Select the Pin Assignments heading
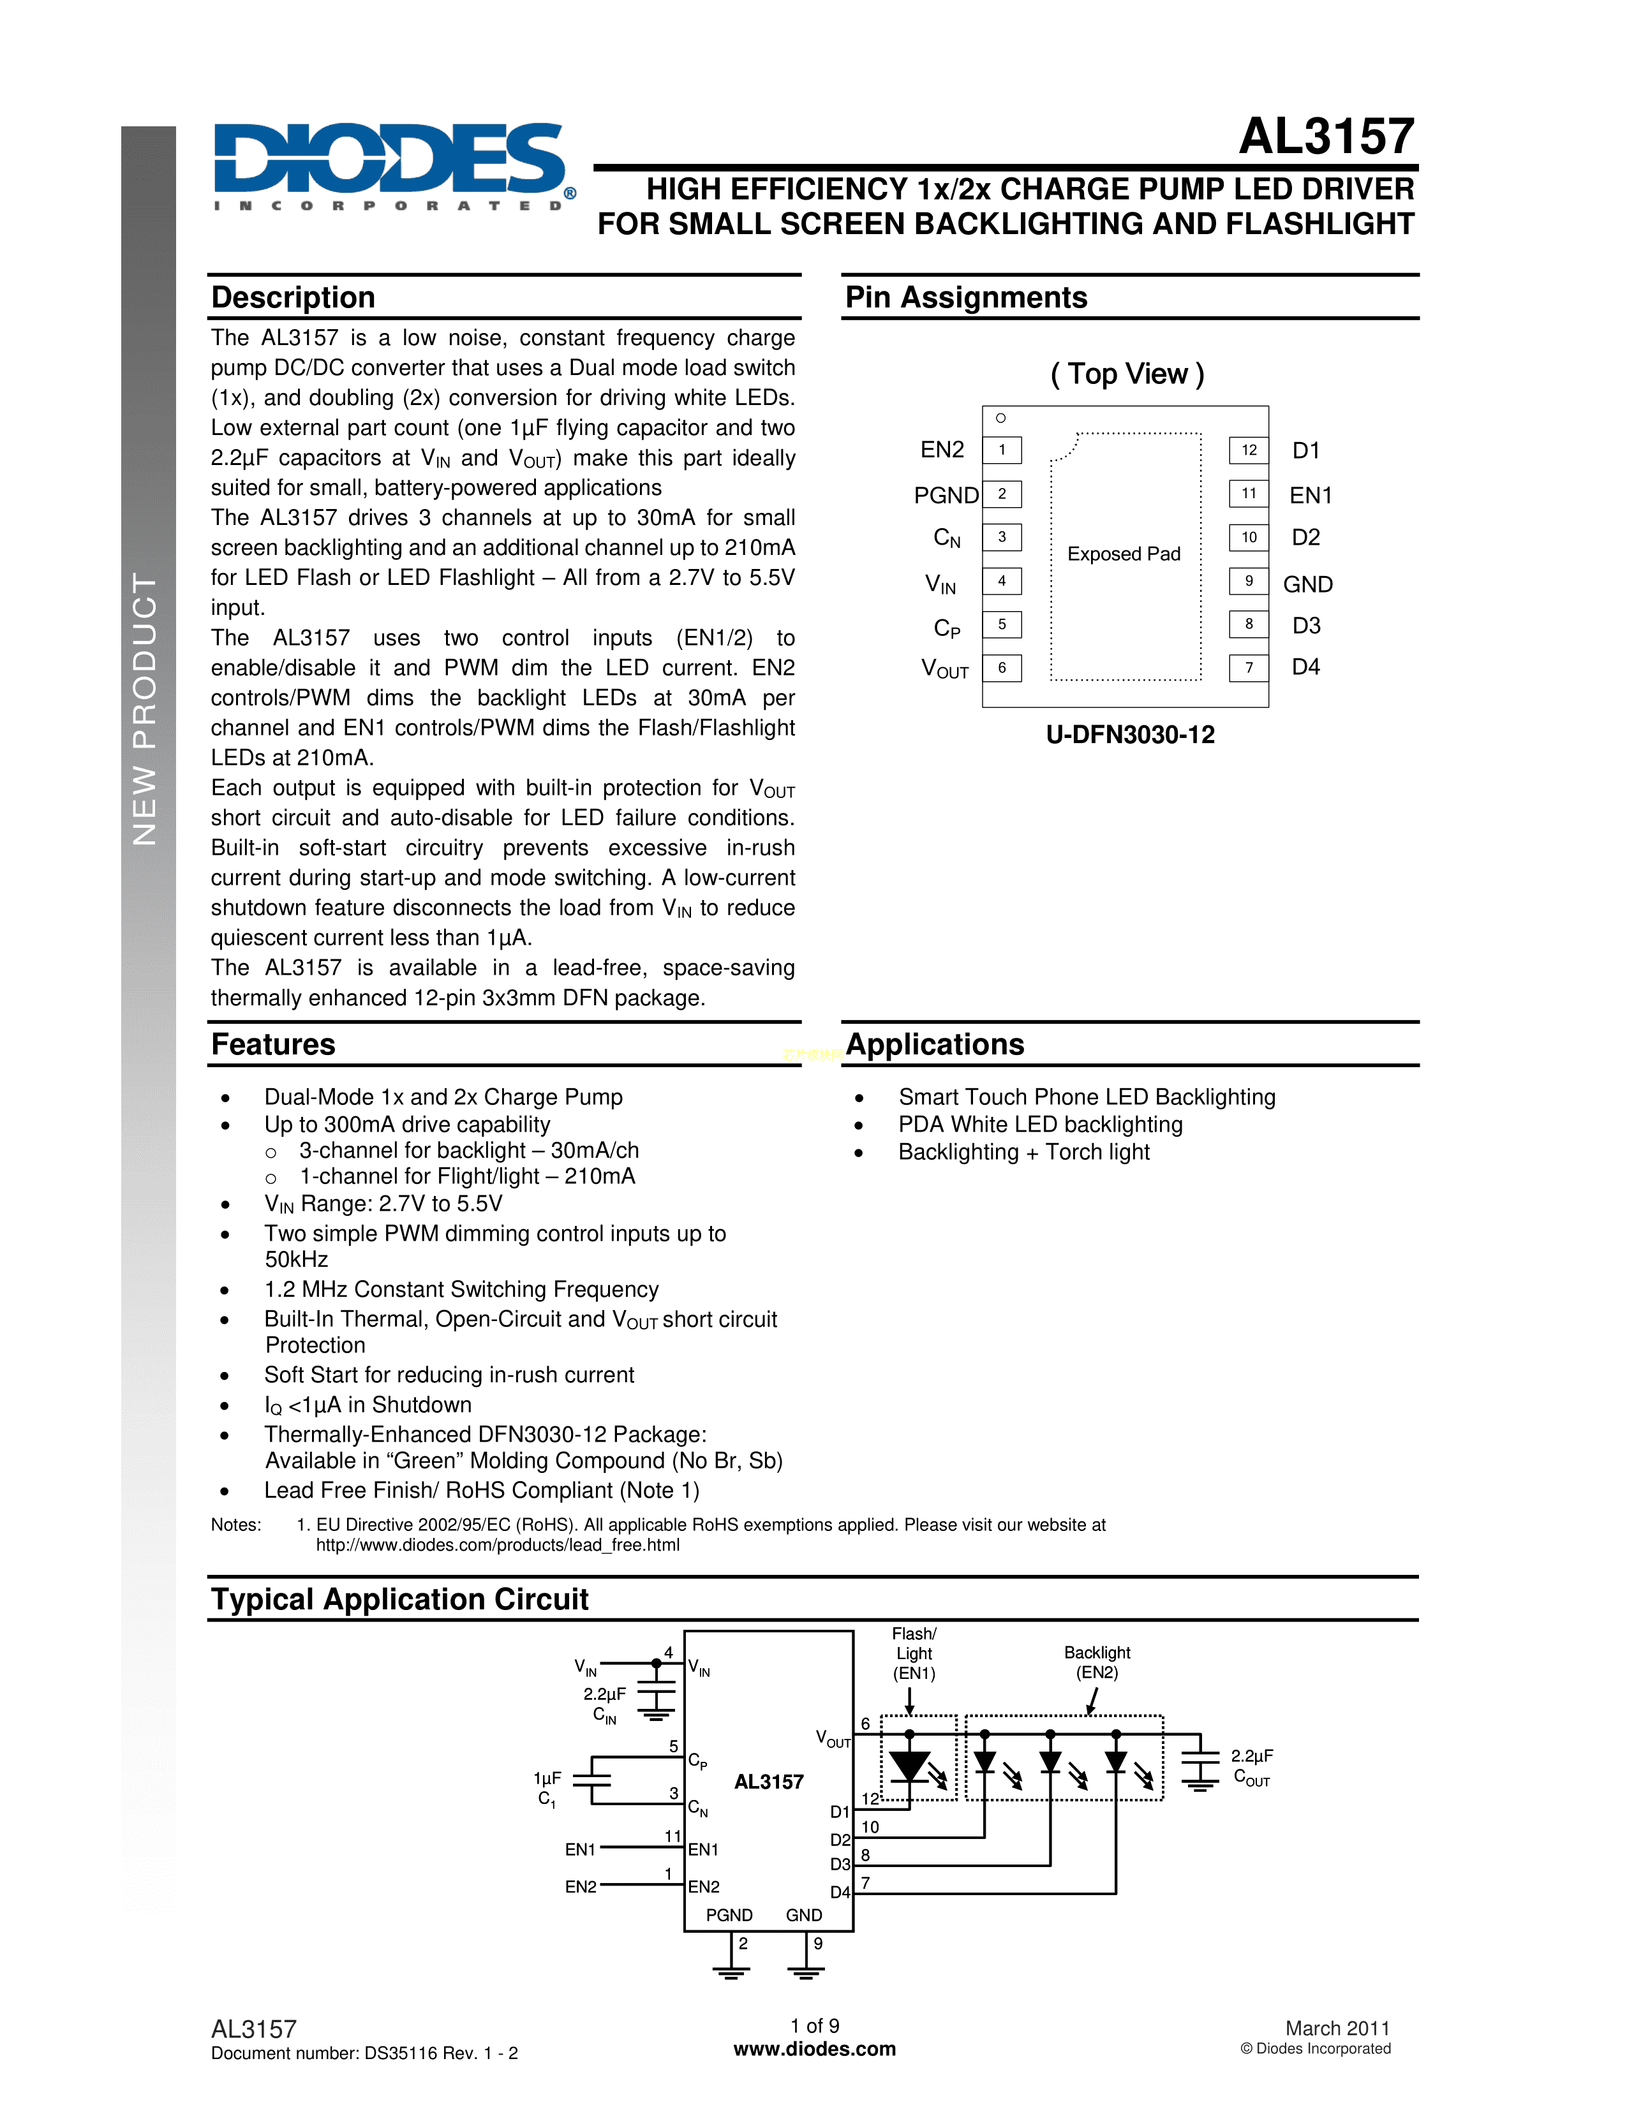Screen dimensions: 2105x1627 point(966,298)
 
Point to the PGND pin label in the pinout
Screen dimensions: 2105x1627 point(946,496)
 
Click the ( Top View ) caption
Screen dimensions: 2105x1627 point(1127,374)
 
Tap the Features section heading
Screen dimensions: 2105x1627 point(274,1045)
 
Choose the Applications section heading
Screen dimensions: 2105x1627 point(935,1045)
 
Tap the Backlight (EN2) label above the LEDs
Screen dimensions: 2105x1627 point(1097,1662)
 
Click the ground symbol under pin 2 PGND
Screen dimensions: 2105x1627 point(731,1971)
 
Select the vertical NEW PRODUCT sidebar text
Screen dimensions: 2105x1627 point(145,709)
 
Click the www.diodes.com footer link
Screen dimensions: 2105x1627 point(815,2049)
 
